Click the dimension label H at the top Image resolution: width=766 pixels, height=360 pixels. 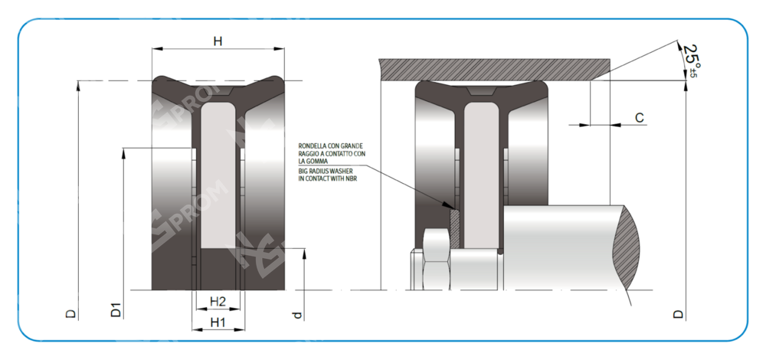(218, 41)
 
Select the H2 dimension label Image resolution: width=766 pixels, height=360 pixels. (218, 300)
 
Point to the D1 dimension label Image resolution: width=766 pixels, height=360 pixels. (116, 310)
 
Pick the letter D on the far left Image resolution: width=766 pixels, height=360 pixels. (70, 313)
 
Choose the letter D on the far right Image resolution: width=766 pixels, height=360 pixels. (677, 313)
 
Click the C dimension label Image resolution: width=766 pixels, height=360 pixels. (640, 118)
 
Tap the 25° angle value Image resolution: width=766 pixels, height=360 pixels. (692, 56)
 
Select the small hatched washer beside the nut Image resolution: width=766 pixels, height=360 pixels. (454, 228)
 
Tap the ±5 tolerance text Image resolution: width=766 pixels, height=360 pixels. (694, 72)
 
